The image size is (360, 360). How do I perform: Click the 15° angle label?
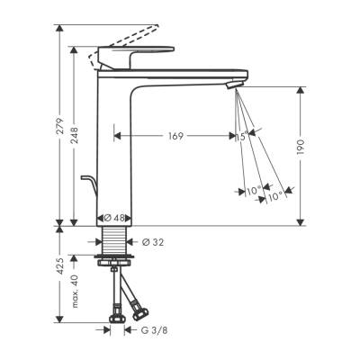[240, 136]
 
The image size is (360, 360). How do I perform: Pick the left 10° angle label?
[253, 191]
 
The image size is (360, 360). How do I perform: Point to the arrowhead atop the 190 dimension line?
[298, 88]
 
